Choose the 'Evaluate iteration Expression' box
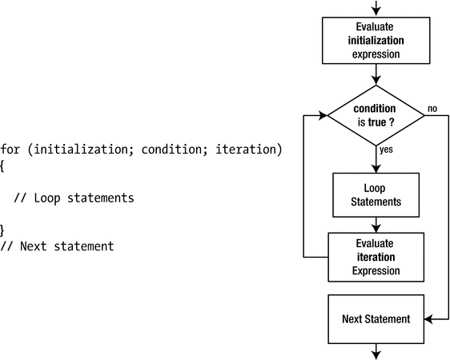coord(376,258)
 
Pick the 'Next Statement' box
coord(376,319)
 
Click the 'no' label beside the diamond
coord(432,108)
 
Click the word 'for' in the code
coord(10,150)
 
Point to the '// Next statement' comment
coord(57,246)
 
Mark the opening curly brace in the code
coord(2,166)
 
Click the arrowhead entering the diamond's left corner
coord(323,115)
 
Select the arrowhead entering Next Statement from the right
coord(428,319)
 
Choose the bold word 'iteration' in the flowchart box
coord(376,258)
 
